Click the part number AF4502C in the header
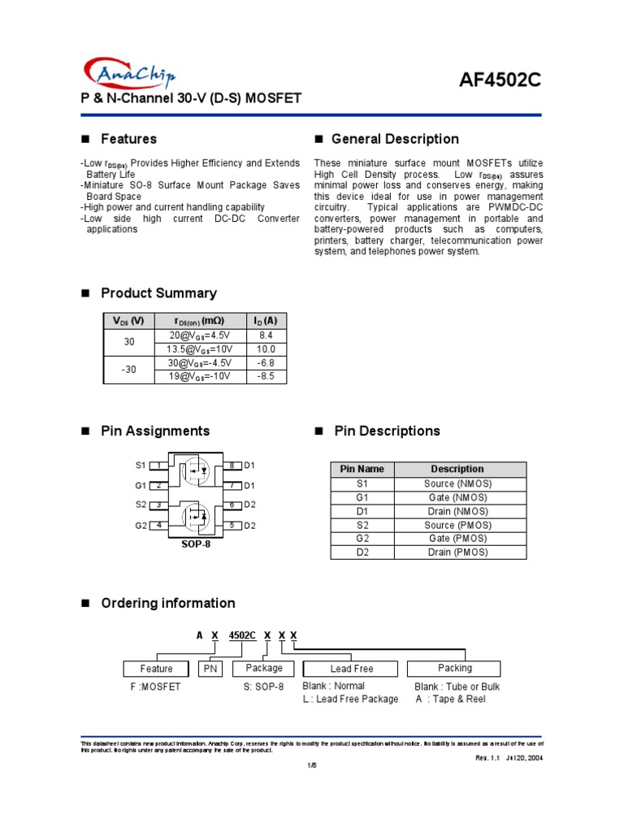500,80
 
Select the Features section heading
128,139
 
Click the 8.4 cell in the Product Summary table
266,335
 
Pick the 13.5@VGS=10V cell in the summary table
200,349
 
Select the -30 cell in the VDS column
129,370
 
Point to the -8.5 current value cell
266,377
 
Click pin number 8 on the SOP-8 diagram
231,466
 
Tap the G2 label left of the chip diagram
141,526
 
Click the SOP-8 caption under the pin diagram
195,544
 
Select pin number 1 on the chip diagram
159,466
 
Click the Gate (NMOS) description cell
457,497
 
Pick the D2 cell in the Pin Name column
362,552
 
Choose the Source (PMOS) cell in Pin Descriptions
457,525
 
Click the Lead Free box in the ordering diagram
351,669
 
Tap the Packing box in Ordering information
454,668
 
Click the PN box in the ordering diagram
210,669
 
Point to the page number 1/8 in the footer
310,765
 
